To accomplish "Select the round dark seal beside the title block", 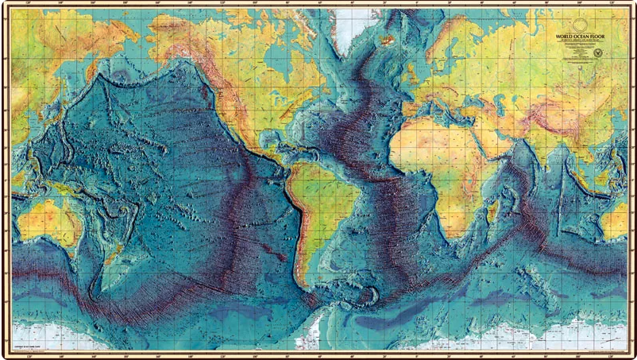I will point(598,52).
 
